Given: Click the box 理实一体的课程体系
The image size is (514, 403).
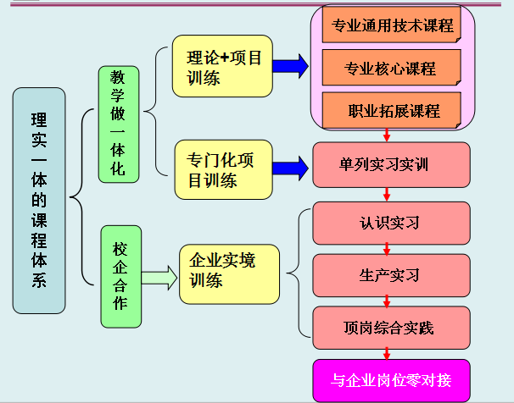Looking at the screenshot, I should pyautogui.click(x=40, y=200).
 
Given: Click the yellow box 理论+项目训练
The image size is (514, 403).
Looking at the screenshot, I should pyautogui.click(x=222, y=66).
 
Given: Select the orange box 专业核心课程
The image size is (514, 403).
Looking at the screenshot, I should pyautogui.click(x=392, y=68).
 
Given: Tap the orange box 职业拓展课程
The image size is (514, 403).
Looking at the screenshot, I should pyautogui.click(x=392, y=111).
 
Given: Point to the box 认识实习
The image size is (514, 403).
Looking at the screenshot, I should pyautogui.click(x=390, y=224).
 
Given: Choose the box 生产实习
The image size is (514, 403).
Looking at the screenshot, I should pyautogui.click(x=390, y=275).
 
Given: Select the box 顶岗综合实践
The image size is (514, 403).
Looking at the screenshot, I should pyautogui.click(x=390, y=326).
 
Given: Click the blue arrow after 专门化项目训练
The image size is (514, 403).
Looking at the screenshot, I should pyautogui.click(x=290, y=165).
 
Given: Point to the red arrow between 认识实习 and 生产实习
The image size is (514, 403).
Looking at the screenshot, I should pyautogui.click(x=388, y=249).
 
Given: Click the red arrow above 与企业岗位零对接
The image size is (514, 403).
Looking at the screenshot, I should pyautogui.click(x=388, y=352).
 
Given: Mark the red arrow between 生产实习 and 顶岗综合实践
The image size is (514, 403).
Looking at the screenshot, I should pyautogui.click(x=388, y=301).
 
